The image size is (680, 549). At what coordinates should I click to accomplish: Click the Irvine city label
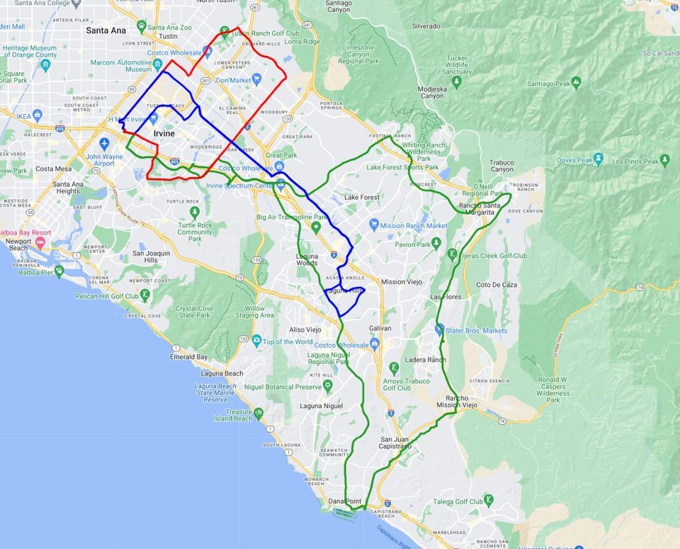tap(164, 133)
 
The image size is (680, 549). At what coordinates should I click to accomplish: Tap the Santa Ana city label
tap(106, 30)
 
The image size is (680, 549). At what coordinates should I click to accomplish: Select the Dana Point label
tap(345, 502)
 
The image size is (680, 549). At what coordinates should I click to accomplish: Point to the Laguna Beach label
tap(222, 373)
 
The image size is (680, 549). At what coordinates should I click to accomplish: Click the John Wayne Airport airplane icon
tap(105, 143)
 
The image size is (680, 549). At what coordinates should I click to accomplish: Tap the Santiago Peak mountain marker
tap(576, 81)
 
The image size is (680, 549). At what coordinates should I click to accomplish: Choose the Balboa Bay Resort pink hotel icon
tap(40, 243)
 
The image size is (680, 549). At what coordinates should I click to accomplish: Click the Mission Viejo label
tap(402, 282)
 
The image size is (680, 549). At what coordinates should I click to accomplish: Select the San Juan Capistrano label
tap(395, 442)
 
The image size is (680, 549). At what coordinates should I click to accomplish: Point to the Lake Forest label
tap(361, 197)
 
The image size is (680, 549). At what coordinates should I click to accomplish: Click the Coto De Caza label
tap(497, 285)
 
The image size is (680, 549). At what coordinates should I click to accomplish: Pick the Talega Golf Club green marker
tap(488, 500)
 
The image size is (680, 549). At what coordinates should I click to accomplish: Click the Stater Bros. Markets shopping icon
tap(439, 329)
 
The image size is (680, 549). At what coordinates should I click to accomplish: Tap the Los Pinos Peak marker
tap(664, 159)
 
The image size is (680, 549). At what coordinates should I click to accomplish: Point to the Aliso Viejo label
tap(305, 330)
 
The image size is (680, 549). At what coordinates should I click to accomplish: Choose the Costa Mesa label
tap(54, 169)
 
